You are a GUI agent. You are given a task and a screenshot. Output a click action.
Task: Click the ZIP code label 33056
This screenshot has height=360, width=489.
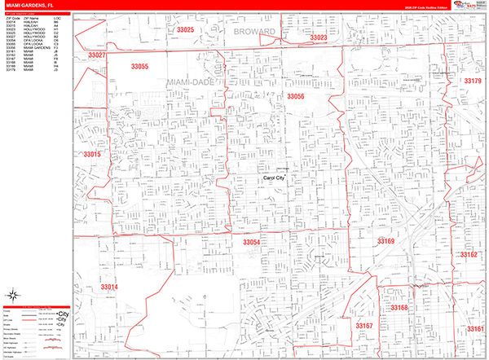click(x=295, y=96)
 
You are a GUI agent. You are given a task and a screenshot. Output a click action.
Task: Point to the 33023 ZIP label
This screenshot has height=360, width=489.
click(x=318, y=37)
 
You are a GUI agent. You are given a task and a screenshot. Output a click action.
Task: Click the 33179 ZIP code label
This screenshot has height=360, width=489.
click(x=473, y=81)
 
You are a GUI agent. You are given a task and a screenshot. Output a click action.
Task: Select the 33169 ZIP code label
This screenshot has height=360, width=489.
click(x=385, y=241)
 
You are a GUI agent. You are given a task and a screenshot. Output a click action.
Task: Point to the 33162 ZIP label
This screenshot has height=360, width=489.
click(x=469, y=255)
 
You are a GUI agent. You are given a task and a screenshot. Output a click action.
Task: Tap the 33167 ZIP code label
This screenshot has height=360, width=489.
click(x=363, y=325)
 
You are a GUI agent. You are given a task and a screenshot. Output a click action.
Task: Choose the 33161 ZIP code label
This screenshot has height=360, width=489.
click(x=475, y=328)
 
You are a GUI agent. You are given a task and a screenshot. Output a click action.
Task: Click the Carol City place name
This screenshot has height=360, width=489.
click(x=273, y=178)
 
